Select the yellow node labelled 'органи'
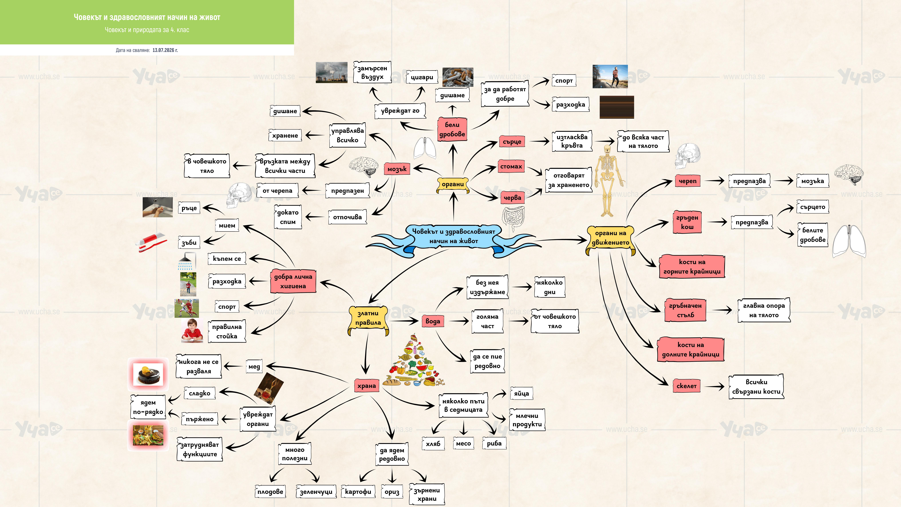(x=453, y=184)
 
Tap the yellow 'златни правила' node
(x=368, y=318)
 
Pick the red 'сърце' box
(x=512, y=142)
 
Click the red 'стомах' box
(x=511, y=167)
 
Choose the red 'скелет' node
(x=686, y=386)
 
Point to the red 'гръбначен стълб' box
(x=685, y=310)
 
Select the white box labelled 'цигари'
(x=422, y=77)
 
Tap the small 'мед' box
(x=254, y=367)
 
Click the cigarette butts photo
(x=458, y=77)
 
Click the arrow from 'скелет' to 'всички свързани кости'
(x=714, y=386)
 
